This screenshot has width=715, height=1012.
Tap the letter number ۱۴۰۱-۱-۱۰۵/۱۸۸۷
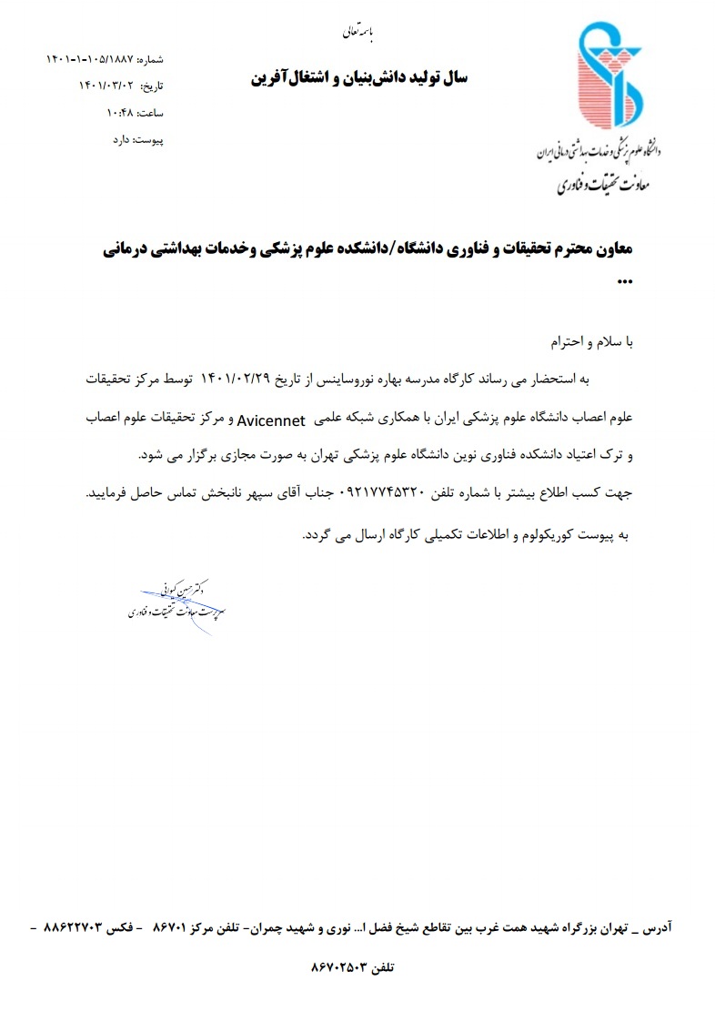(x=89, y=59)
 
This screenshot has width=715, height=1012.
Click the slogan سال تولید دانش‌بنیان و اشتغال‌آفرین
(x=359, y=78)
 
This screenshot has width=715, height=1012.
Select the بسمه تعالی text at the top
(x=357, y=33)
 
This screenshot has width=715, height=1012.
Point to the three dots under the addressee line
(x=624, y=280)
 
